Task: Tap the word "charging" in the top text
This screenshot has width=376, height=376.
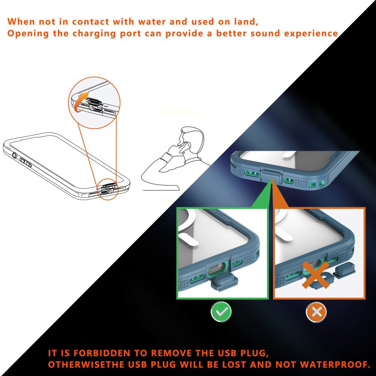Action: [94, 33]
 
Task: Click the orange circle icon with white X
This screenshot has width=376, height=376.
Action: [317, 312]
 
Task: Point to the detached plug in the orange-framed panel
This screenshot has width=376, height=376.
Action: [343, 270]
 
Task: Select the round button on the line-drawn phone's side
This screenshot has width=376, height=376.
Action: [14, 155]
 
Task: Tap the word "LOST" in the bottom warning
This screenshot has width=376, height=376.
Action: [235, 364]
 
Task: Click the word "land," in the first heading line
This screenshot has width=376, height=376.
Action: [249, 22]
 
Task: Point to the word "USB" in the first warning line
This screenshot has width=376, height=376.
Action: [227, 353]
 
